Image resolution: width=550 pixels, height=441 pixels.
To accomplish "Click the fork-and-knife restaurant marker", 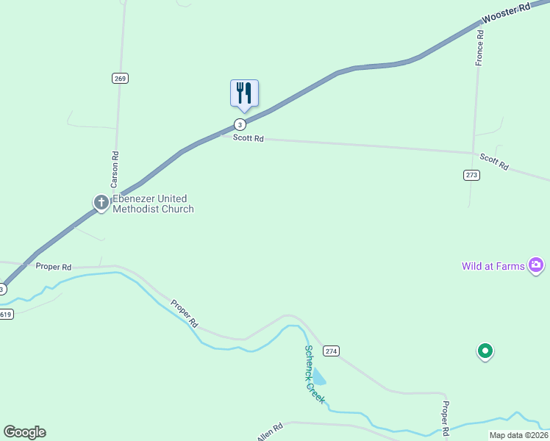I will coord(244,94).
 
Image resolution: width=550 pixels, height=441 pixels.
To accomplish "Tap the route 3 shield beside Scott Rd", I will coord(240,123).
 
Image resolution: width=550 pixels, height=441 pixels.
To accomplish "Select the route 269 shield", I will coord(121,79).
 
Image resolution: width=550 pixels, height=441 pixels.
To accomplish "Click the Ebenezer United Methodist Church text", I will coord(153,204).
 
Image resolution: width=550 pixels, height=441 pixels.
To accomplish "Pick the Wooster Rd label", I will coord(507,12).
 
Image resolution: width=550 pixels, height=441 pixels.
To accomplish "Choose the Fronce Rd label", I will coord(479,44).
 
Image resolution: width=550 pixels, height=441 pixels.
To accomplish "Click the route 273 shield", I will coord(471,175).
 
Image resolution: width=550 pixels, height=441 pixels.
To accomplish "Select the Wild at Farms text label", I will coord(493,266).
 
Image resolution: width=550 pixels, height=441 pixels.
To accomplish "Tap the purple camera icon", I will coord(536,265).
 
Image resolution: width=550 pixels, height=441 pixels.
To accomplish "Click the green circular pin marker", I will coord(485,352).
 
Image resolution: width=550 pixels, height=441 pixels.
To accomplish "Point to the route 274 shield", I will coord(331,351).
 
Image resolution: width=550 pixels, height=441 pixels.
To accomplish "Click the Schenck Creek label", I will coord(314,376).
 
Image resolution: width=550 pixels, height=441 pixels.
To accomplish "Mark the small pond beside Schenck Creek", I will coord(319,376).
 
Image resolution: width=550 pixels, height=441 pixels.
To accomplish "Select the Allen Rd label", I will coord(270,432).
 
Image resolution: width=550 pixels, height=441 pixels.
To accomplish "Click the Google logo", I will coord(25,432).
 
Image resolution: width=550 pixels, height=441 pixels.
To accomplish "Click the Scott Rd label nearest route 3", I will coord(249,138).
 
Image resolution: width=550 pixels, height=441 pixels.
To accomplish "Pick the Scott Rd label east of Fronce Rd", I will coord(494,162).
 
